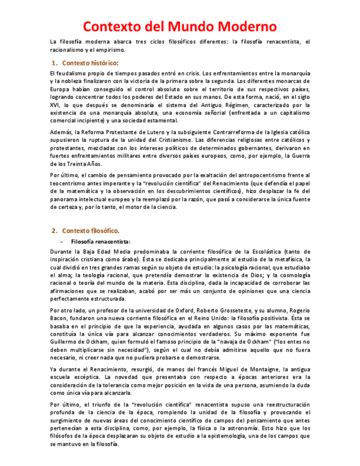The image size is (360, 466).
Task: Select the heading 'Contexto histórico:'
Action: (90, 63)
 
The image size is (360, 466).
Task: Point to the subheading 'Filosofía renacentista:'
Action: (100, 241)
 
